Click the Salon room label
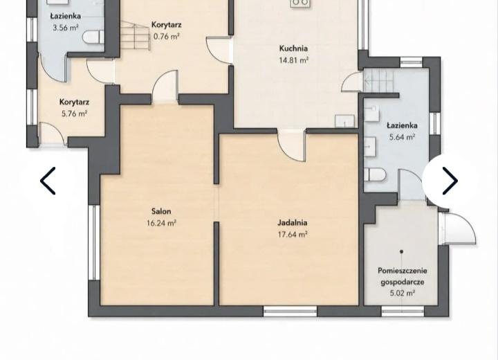tap(161, 211)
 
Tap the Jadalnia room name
tap(292, 223)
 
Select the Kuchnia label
tap(293, 48)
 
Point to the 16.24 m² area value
tap(161, 223)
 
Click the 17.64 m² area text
tap(292, 235)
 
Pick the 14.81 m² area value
tap(293, 60)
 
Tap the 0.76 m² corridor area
tap(167, 36)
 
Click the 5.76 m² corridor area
tap(74, 114)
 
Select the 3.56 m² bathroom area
tap(66, 28)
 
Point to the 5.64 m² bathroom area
tap(402, 137)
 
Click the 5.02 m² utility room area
tap(403, 293)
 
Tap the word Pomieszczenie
tap(403, 271)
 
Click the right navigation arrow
tap(450, 181)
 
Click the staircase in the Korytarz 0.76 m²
tap(135, 35)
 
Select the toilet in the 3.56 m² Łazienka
tap(93, 37)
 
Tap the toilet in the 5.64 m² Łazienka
tap(375, 174)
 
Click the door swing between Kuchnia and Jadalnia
tap(292, 145)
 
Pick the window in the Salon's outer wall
tap(93, 242)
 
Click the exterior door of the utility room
tap(457, 228)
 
